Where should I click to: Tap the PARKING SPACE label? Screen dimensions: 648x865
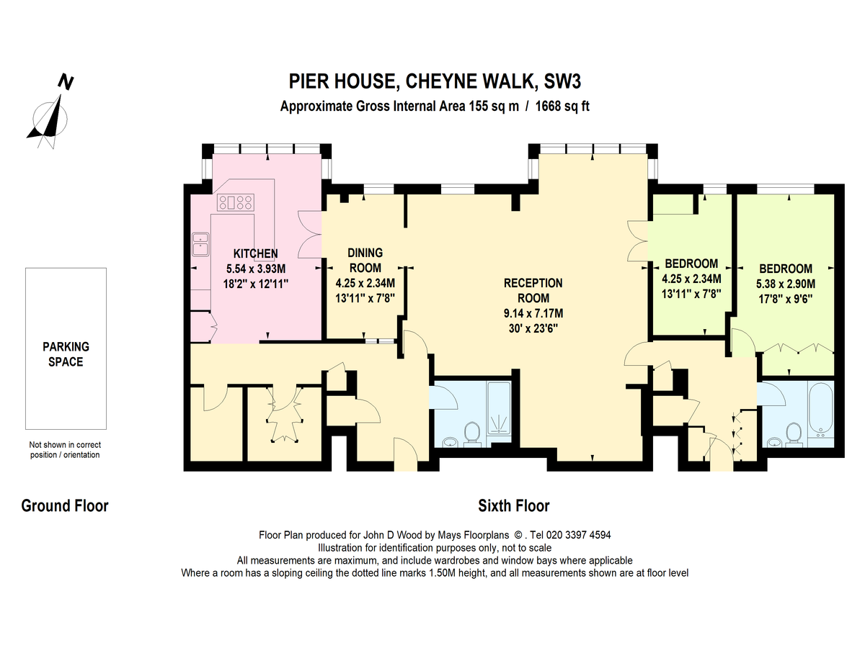(66, 354)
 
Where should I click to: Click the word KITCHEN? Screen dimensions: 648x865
(255, 253)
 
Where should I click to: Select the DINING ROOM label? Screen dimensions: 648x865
(365, 260)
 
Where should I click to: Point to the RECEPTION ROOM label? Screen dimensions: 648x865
(533, 290)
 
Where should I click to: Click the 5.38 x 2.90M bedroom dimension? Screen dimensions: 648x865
(784, 283)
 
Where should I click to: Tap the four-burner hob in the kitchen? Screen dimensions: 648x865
(235, 202)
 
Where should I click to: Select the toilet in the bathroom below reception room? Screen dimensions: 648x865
(473, 433)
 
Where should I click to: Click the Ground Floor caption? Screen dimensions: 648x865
(65, 506)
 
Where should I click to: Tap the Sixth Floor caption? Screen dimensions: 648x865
(514, 506)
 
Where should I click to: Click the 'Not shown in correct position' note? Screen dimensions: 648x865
(65, 449)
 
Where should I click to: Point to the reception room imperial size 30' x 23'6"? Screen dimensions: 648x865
(533, 328)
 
